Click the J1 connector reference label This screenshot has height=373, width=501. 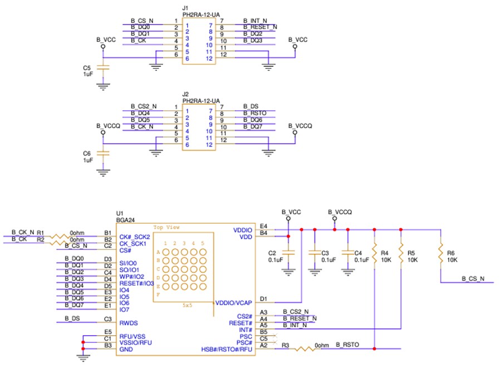pos(185,8)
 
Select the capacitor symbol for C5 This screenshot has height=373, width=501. pos(102,67)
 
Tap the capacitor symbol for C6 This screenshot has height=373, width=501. pos(102,153)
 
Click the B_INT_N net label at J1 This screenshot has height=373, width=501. pos(255,20)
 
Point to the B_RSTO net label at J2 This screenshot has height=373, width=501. pos(255,113)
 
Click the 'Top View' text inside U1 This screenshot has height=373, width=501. pos(166,227)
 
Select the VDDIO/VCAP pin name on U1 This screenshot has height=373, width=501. pos(233,303)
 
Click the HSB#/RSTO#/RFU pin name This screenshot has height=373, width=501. pos(227,350)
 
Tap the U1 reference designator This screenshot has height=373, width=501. pos(119,213)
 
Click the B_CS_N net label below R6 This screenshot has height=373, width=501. pos(473,278)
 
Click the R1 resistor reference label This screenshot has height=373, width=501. pos(40,232)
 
